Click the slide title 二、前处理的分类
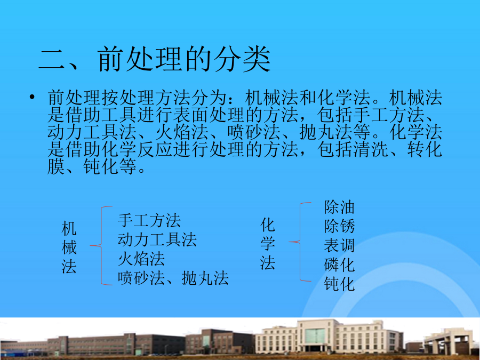click(155, 59)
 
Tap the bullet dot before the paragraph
click(32, 98)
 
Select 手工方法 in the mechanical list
click(149, 220)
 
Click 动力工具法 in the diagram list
click(157, 239)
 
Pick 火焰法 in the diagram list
click(141, 259)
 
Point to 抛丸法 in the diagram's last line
click(205, 278)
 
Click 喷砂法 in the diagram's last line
click(141, 278)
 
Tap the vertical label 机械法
click(69, 247)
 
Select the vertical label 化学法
click(268, 244)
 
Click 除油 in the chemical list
click(339, 207)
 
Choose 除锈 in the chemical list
click(339, 227)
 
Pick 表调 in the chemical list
click(339, 246)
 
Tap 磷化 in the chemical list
click(339, 265)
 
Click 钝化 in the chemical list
click(339, 284)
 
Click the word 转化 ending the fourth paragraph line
click(425, 150)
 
